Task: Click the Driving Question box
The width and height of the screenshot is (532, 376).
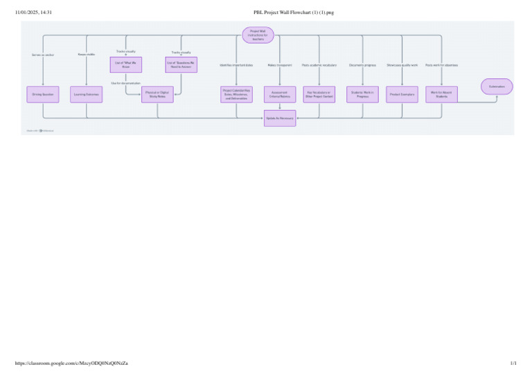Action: click(43, 94)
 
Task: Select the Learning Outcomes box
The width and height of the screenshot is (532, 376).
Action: click(87, 94)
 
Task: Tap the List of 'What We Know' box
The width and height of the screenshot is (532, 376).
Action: click(126, 65)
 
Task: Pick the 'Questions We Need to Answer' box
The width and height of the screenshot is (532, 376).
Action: click(181, 65)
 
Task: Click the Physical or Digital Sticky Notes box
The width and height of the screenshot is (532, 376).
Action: click(157, 94)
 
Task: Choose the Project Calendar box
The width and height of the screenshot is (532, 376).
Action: click(237, 94)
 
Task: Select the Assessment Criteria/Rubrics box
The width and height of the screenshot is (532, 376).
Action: click(280, 94)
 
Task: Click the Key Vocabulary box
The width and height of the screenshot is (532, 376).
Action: click(319, 94)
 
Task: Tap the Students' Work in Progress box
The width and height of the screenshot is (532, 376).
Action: click(362, 94)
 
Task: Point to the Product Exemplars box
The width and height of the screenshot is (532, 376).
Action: click(402, 94)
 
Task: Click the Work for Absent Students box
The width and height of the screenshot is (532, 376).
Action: click(442, 94)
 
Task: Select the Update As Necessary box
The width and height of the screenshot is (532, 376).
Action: click(280, 118)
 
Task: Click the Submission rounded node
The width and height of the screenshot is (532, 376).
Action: click(497, 87)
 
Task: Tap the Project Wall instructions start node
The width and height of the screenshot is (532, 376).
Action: click(258, 33)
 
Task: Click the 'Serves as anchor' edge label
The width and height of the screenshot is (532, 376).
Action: click(43, 54)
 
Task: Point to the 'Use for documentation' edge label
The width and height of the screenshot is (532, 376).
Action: click(126, 83)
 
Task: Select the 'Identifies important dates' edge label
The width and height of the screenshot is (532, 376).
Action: click(236, 65)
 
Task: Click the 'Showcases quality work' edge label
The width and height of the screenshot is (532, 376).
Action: click(402, 65)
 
